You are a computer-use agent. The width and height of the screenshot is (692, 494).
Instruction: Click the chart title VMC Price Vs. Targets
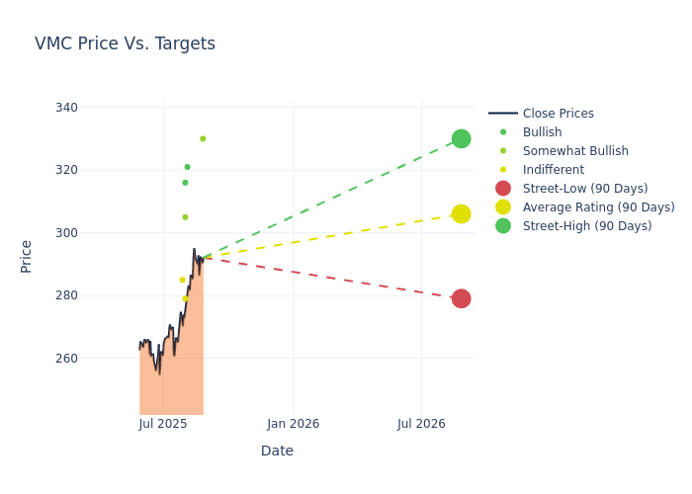click(125, 44)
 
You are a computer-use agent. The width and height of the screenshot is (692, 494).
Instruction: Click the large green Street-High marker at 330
click(461, 138)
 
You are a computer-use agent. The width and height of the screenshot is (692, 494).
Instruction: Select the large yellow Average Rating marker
click(461, 214)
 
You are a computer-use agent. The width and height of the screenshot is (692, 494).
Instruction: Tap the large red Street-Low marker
click(461, 298)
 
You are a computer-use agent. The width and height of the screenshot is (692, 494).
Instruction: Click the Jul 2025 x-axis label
click(163, 424)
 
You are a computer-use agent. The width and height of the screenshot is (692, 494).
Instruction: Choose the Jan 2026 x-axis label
click(293, 424)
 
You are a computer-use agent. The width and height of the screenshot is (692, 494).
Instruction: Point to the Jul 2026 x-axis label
click(422, 424)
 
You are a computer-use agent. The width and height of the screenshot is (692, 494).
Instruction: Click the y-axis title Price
click(27, 256)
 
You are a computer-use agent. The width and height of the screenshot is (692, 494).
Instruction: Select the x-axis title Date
click(277, 452)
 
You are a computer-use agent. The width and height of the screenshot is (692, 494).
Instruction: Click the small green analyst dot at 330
click(203, 138)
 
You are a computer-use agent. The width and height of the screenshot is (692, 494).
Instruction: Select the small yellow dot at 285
click(182, 280)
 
